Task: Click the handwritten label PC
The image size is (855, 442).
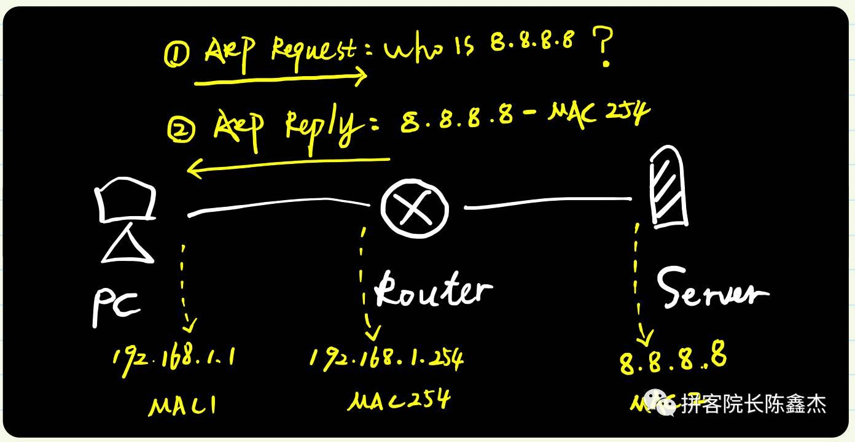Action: pyautogui.click(x=117, y=307)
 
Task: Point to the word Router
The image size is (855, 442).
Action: pyautogui.click(x=433, y=290)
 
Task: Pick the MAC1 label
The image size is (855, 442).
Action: pyautogui.click(x=182, y=405)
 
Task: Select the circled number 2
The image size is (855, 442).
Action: pyautogui.click(x=181, y=130)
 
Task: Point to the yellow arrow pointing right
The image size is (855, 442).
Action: pyautogui.click(x=280, y=79)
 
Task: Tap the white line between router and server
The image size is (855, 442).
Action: pyautogui.click(x=547, y=203)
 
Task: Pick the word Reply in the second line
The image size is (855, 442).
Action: pyautogui.click(x=322, y=126)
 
